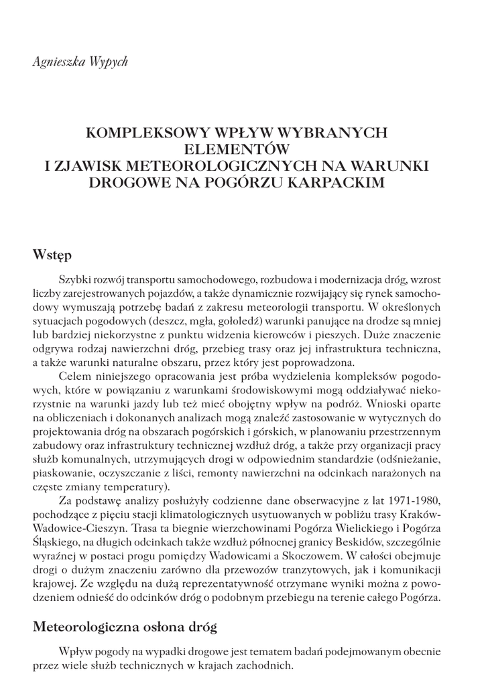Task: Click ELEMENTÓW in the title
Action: (241, 149)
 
